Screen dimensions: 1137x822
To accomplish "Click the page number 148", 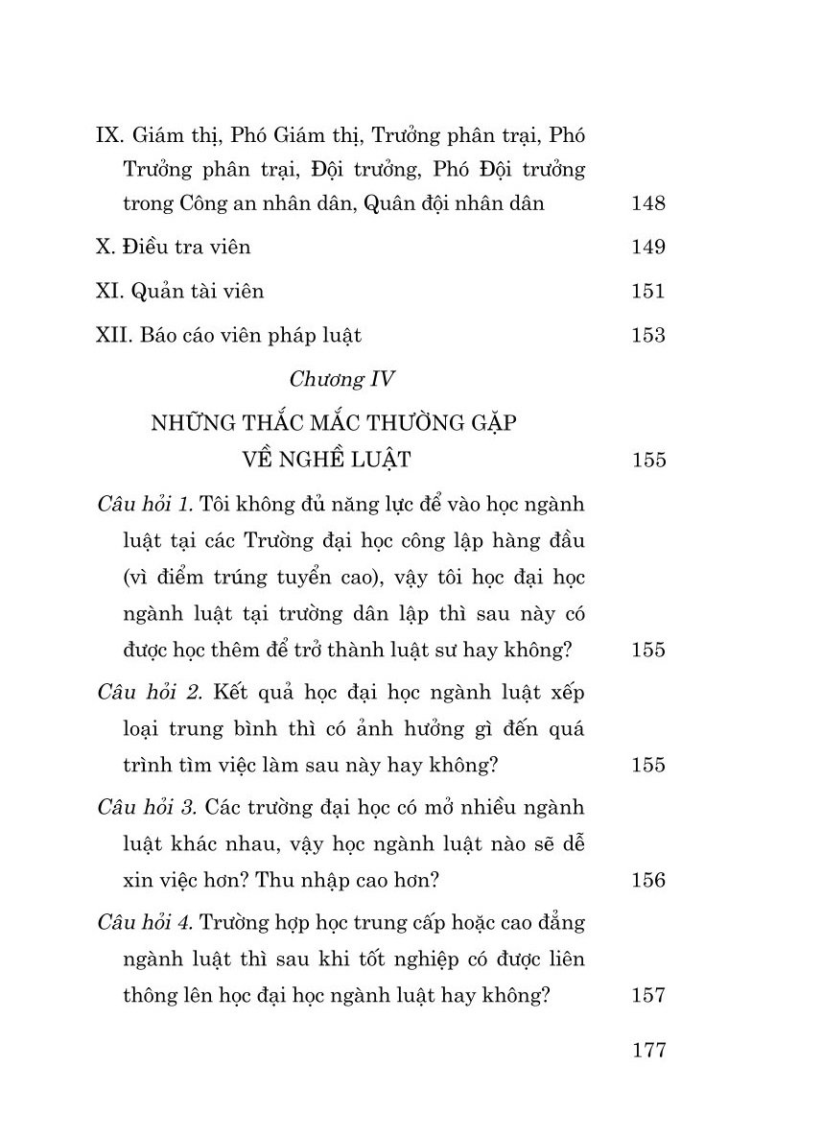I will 649,203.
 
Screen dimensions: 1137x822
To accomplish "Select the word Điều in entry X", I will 144,247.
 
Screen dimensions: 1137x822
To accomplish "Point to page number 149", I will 649,248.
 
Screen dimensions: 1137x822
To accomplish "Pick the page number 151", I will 649,292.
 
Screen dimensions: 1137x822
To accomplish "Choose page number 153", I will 649,336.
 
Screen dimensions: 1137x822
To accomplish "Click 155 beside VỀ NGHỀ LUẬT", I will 649,460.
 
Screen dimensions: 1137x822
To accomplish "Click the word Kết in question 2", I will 223,693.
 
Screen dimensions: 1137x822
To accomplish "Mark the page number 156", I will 649,880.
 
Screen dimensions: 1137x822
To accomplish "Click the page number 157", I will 649,995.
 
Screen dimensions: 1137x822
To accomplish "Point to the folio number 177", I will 649,1050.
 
